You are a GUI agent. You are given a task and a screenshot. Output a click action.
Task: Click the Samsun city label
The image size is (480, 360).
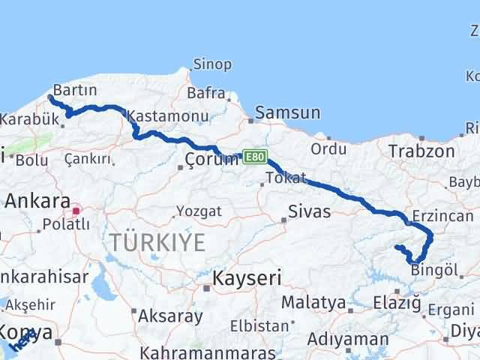287,113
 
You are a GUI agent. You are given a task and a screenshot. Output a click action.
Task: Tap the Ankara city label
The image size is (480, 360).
37,201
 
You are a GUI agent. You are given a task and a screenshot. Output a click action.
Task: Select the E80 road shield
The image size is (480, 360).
254,157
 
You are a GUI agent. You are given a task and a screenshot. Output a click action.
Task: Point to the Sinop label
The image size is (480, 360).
212,64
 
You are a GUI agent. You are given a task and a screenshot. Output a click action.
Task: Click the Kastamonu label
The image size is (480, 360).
167,116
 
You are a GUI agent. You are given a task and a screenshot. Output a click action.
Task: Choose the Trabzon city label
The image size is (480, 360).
421,151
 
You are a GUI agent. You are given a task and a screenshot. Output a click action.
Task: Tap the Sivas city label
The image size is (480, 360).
310,211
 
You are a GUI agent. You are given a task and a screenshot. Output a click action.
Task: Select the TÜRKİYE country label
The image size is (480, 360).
157,242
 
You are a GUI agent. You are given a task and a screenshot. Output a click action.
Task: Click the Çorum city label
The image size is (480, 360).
211,159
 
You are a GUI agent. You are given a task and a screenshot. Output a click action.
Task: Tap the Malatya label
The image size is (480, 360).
313,302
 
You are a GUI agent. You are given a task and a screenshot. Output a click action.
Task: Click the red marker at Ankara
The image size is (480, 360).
76,211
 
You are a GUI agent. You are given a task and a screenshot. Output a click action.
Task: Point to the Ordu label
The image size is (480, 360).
328,149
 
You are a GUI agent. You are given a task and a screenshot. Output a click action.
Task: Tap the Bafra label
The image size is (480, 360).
206,94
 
